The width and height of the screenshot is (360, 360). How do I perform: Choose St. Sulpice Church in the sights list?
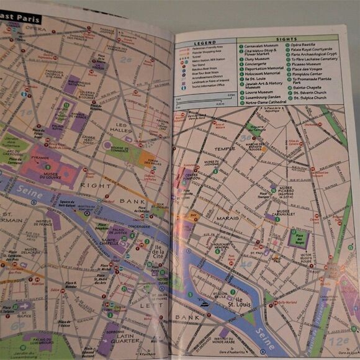click(x=310, y=97)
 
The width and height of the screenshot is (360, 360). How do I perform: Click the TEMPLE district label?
click(x=225, y=149)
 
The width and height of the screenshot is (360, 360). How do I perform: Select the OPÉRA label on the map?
click(x=35, y=29)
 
